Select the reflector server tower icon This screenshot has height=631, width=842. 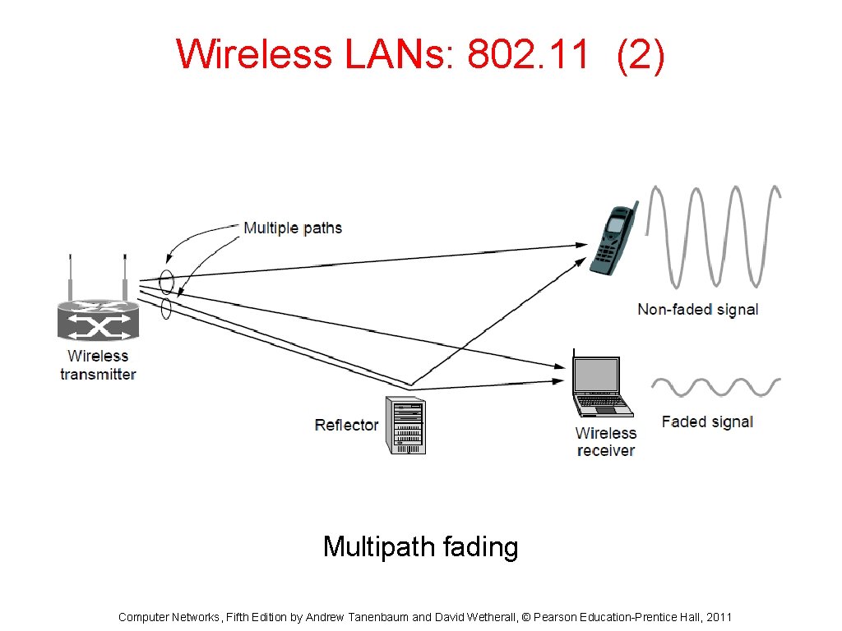(406, 425)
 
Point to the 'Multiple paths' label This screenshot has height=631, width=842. (292, 228)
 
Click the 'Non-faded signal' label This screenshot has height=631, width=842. (697, 310)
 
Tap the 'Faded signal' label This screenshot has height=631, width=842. (707, 422)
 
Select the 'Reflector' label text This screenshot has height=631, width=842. (346, 426)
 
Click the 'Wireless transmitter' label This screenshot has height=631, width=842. (98, 366)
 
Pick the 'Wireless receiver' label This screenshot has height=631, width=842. (606, 442)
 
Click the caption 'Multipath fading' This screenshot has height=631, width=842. (420, 546)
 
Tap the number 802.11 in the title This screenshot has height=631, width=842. (527, 55)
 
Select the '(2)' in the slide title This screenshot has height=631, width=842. (641, 55)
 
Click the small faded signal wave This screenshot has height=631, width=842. (715, 387)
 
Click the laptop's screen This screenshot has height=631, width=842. (596, 375)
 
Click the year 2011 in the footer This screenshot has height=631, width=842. (717, 617)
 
